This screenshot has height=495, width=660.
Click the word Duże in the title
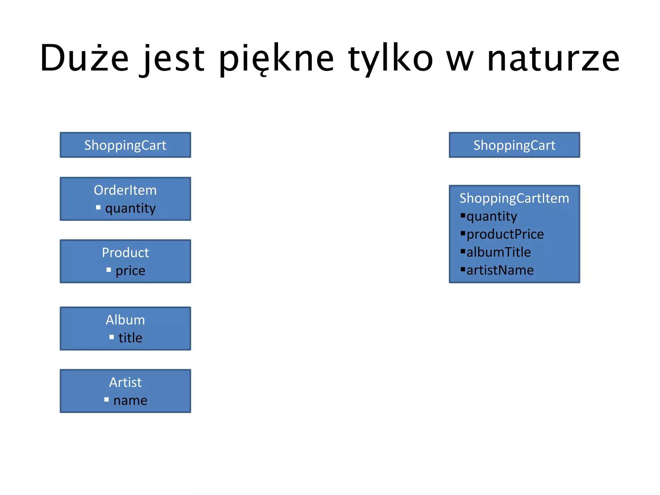84,58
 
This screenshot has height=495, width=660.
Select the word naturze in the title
553,58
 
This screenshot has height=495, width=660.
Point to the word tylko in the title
391,58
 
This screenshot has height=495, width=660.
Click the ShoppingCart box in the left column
125,145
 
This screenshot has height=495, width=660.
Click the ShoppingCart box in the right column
514,145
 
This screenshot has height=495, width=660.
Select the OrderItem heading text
125,190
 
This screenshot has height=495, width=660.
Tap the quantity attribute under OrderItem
130,208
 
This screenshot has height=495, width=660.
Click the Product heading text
125,253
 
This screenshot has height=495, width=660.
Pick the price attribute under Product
130,271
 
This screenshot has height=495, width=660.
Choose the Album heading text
125,320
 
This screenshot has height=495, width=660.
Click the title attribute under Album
130,338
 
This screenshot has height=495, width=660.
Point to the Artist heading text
125,383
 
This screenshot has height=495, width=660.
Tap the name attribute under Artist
130,401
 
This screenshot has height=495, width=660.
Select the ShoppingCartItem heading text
514,198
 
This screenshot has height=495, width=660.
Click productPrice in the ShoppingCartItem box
505,234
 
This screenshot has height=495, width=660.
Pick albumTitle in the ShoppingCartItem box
499,252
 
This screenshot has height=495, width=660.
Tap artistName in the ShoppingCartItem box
500,270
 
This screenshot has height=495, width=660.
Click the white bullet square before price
109,270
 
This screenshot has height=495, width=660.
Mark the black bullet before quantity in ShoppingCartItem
463,215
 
